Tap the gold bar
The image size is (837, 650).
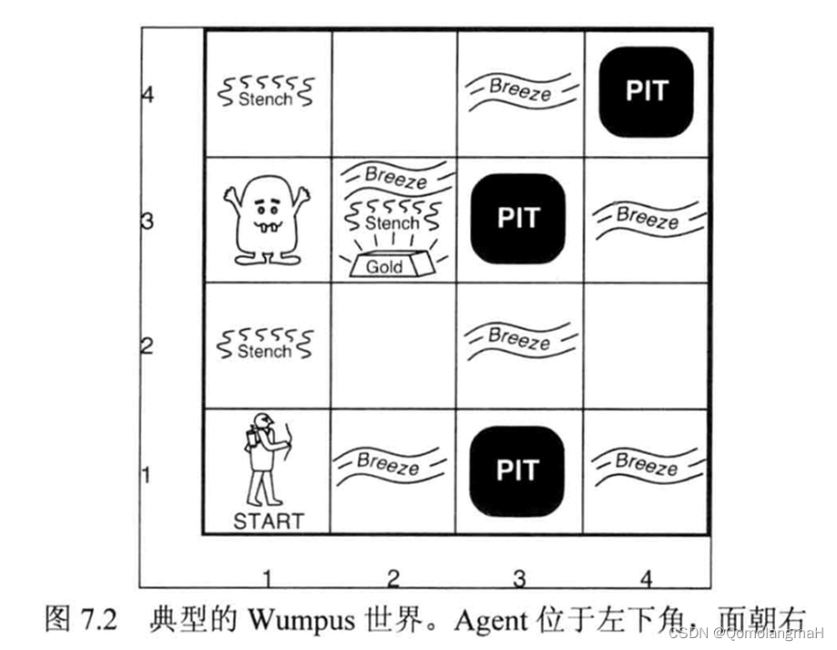[x=385, y=264]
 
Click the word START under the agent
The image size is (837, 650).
[x=268, y=521]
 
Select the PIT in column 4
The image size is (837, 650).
[x=647, y=90]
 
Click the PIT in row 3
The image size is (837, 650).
[x=518, y=218]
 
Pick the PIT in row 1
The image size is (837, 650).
[x=518, y=469]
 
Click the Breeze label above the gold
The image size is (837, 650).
[x=394, y=175]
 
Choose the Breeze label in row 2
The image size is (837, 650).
[x=519, y=339]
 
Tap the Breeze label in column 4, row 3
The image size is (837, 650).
[x=647, y=218]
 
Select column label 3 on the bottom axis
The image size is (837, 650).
[x=519, y=577]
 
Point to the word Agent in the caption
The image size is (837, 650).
[x=492, y=622]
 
